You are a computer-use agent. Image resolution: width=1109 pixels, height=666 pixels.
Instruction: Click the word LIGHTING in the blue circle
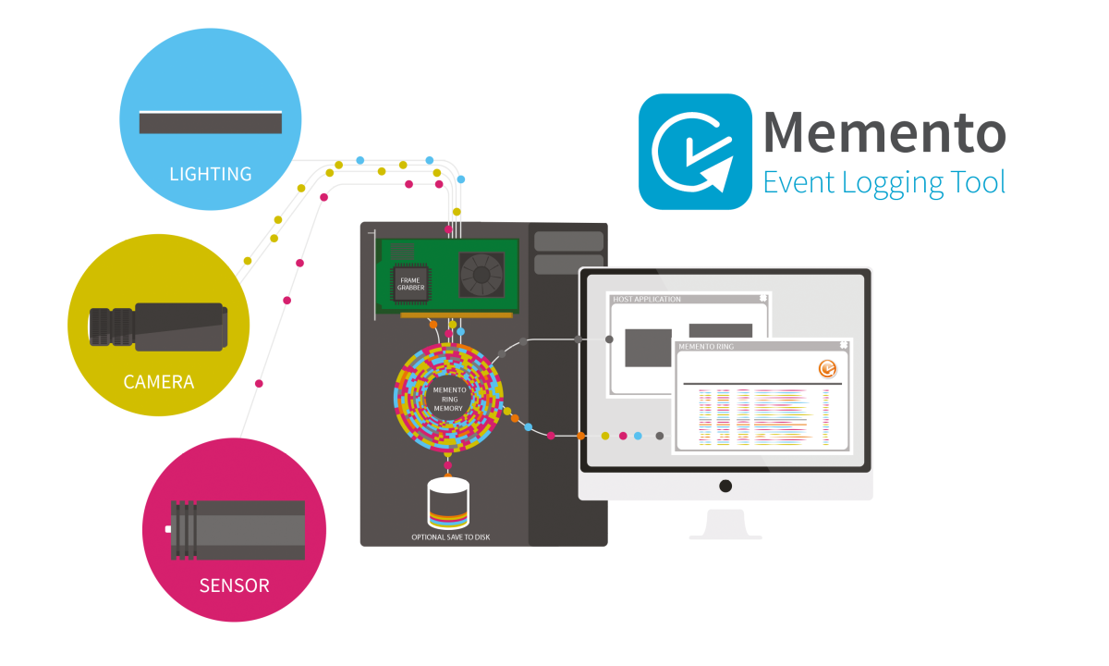(211, 174)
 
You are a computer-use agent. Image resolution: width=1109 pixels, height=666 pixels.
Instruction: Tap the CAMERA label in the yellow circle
(159, 381)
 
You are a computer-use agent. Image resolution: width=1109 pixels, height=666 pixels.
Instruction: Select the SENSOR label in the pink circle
(235, 586)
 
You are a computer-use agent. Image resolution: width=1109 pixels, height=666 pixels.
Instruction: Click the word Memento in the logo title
(884, 133)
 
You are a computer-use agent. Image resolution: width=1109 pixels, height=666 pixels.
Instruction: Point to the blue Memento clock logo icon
(695, 151)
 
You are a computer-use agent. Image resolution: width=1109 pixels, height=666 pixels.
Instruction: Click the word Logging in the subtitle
(892, 182)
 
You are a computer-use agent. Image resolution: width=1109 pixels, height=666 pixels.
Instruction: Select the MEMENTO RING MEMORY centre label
(447, 399)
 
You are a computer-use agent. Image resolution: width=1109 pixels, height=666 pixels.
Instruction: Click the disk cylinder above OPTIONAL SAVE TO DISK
(449, 503)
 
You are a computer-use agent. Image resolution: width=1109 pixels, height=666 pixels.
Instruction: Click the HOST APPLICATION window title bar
(689, 300)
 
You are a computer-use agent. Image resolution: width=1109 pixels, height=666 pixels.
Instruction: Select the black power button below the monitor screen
(725, 486)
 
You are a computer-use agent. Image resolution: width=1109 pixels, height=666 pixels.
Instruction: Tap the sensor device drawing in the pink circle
(236, 529)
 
